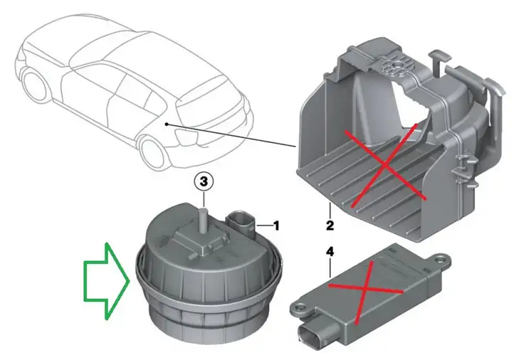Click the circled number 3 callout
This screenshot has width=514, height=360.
coord(204,181)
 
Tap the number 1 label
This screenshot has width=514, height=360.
coord(276,226)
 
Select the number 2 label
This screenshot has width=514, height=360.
coord(330,226)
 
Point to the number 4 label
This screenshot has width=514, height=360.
coord(330,252)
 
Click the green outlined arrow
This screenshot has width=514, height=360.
coord(107,281)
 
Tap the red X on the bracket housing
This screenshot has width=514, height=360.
coord(385,166)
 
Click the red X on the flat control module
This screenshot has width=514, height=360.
coord(365,290)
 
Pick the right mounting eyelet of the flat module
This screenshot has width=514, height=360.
coord(441,259)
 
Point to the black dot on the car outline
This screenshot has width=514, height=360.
coord(167,124)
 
